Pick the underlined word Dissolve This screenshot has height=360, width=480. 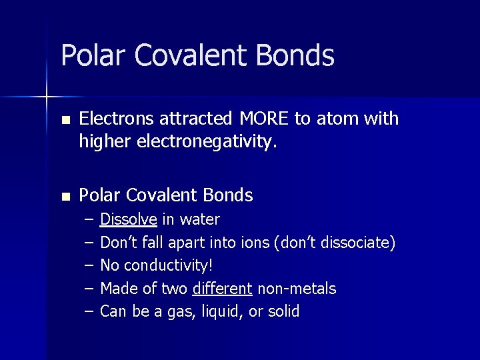click(x=129, y=219)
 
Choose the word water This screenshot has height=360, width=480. click(x=200, y=219)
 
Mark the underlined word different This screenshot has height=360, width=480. click(x=221, y=289)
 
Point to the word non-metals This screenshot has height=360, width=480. click(x=297, y=289)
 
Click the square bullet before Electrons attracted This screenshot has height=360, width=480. click(x=65, y=120)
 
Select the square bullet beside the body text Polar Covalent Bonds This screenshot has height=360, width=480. click(x=65, y=197)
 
